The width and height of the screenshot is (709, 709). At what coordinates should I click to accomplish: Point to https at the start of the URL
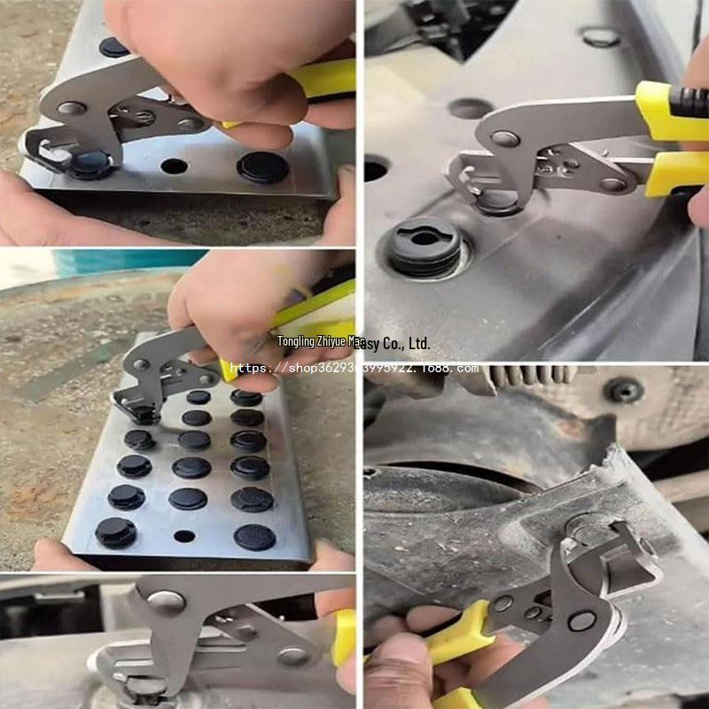pos(248,368)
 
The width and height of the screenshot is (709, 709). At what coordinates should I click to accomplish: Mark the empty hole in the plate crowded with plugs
pos(184,535)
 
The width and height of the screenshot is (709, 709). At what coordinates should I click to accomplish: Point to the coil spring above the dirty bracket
pos(532,374)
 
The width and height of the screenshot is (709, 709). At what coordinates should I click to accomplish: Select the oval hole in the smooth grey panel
pos(470,108)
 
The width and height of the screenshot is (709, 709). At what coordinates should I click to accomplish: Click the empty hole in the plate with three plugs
pos(175,166)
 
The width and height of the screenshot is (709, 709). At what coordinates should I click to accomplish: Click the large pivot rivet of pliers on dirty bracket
pos(581,620)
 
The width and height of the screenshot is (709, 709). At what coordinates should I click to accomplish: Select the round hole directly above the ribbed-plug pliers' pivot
pos(600,37)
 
